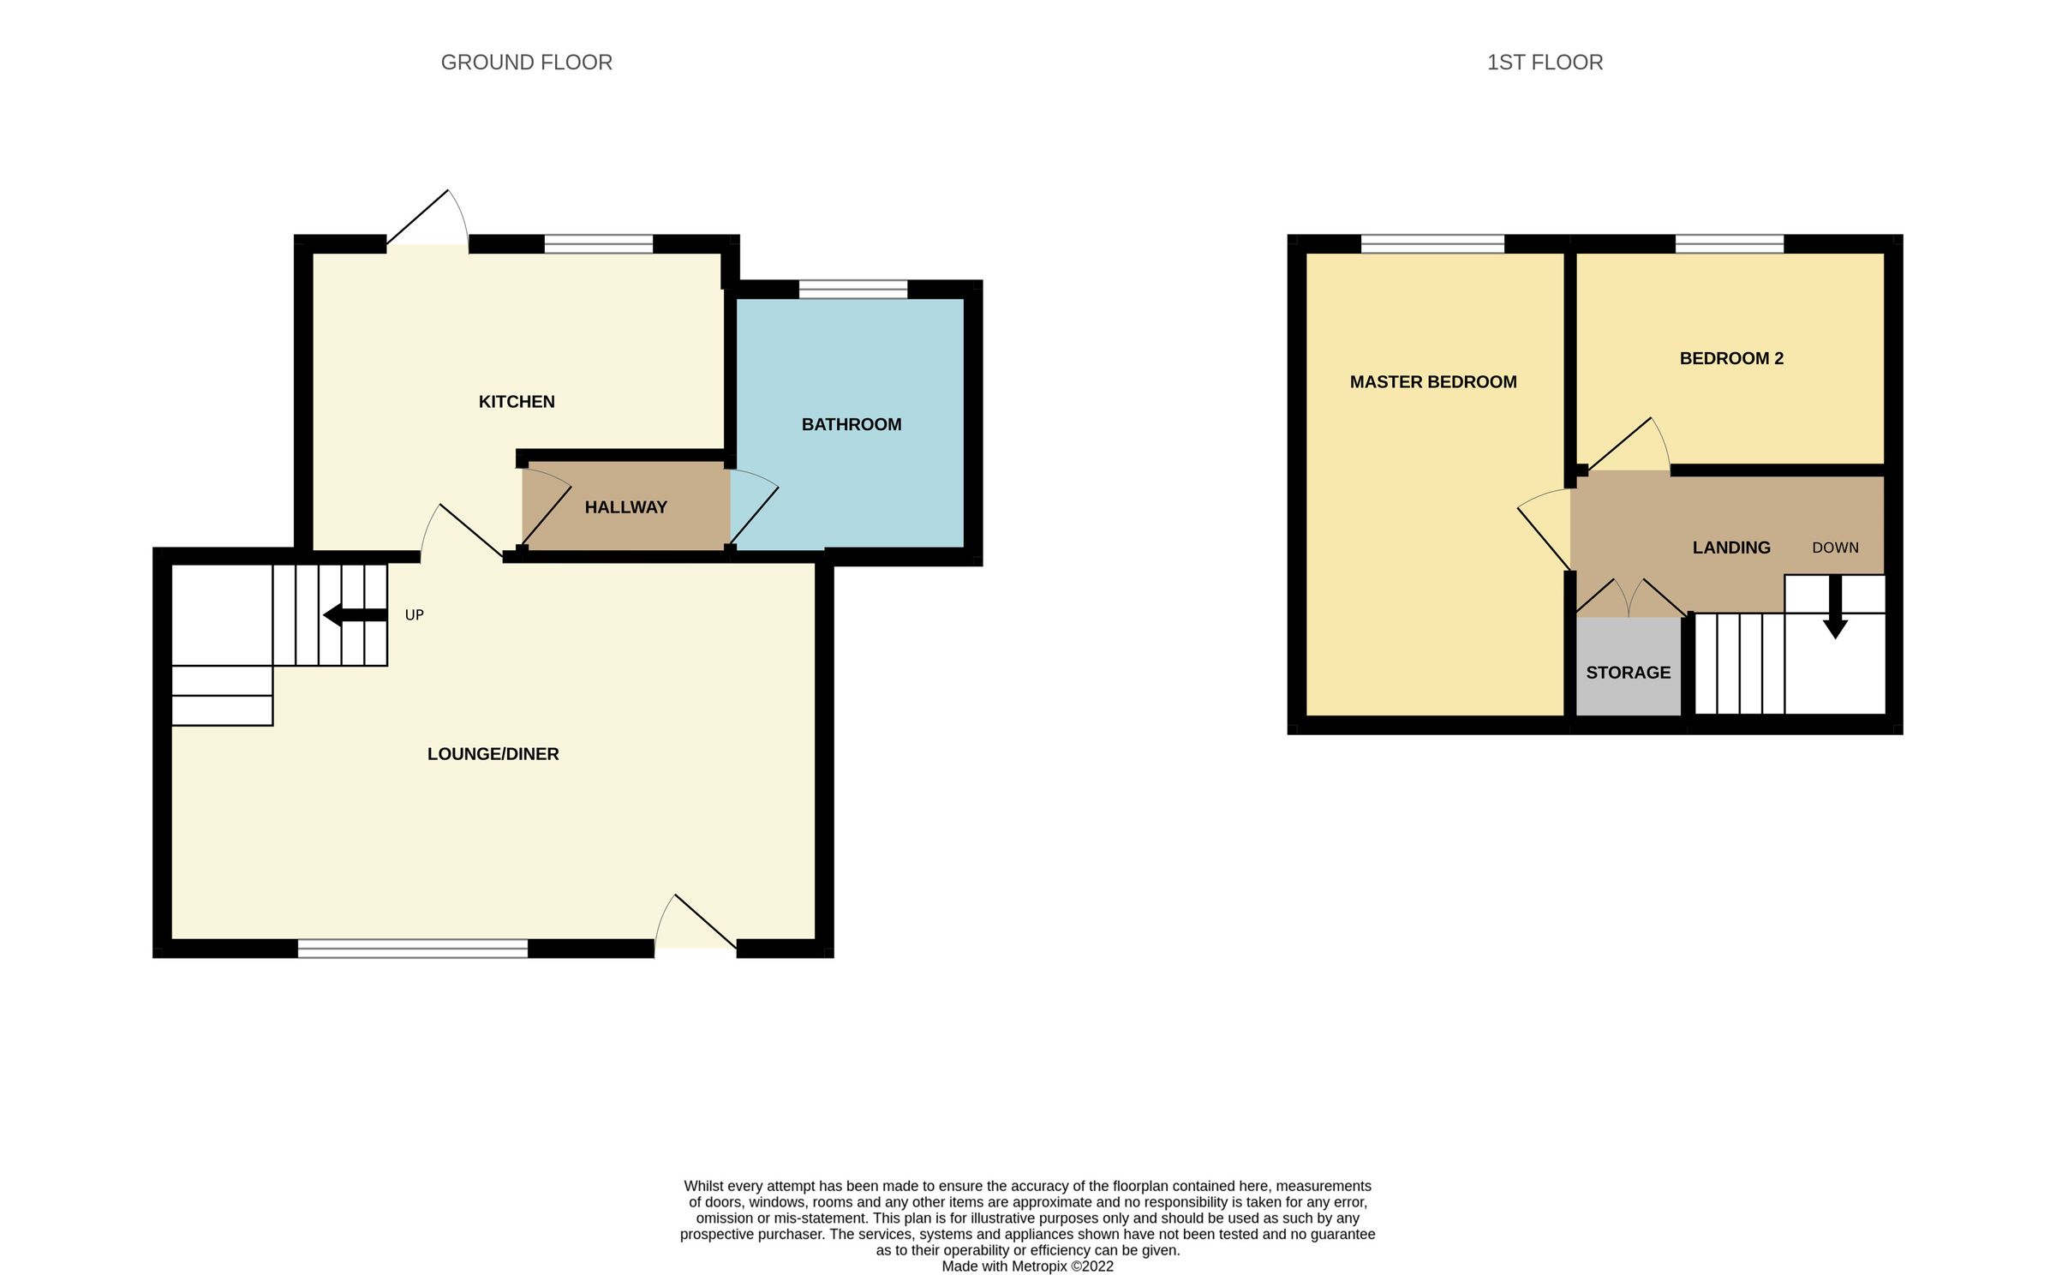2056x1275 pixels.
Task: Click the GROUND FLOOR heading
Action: pyautogui.click(x=526, y=63)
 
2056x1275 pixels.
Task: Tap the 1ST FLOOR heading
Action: pyautogui.click(x=1545, y=63)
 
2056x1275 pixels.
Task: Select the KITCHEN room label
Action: pyautogui.click(x=517, y=402)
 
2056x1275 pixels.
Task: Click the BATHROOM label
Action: pyautogui.click(x=851, y=424)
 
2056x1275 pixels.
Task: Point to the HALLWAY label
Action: pyautogui.click(x=625, y=507)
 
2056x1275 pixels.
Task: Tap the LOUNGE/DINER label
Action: pyautogui.click(x=493, y=754)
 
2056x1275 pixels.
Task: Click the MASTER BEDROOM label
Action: pyautogui.click(x=1433, y=382)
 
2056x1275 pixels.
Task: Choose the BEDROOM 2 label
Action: pyautogui.click(x=1731, y=358)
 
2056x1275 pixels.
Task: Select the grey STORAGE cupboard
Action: pyautogui.click(x=1628, y=673)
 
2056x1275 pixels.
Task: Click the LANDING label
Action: pyautogui.click(x=1730, y=548)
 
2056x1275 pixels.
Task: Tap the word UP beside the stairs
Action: pyautogui.click(x=414, y=615)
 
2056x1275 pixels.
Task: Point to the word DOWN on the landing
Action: pyautogui.click(x=1835, y=548)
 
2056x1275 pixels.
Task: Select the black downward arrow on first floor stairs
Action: pyautogui.click(x=1835, y=608)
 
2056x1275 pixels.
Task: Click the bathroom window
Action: pyautogui.click(x=852, y=289)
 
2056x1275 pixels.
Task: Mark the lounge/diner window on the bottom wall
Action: pyautogui.click(x=412, y=948)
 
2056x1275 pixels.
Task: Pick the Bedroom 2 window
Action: pyautogui.click(x=1729, y=243)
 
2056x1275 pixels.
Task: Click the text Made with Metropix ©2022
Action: pyautogui.click(x=1027, y=1266)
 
